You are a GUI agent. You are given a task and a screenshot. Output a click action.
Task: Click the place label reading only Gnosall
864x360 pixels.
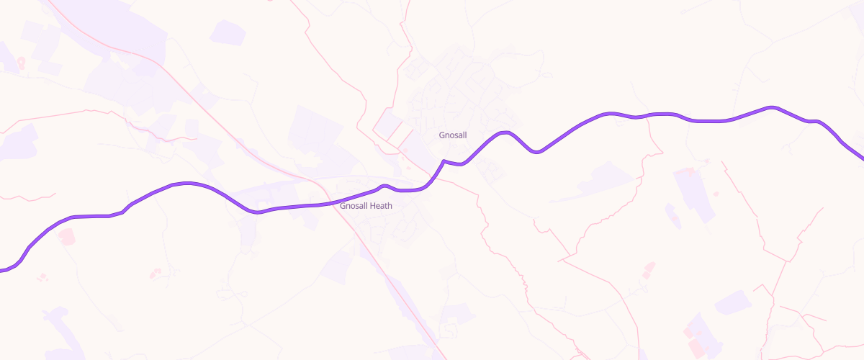tap(454, 135)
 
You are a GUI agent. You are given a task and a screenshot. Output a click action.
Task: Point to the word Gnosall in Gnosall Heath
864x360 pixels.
tap(354, 206)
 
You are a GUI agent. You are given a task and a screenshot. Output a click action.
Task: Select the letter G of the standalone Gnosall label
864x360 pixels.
tap(442, 135)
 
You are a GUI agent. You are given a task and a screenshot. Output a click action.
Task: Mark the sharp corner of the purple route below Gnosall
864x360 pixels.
tap(444, 161)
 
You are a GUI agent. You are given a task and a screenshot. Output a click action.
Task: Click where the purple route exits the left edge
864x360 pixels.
tap(1, 270)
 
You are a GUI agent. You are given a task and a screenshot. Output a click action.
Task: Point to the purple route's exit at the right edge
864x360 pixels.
tap(862, 160)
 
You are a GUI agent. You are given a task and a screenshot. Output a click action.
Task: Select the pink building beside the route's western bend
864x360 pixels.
tap(66, 235)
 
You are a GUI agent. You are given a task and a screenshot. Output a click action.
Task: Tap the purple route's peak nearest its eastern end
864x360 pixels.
tap(772, 108)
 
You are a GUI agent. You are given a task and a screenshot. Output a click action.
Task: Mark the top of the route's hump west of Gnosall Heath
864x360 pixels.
tap(187, 184)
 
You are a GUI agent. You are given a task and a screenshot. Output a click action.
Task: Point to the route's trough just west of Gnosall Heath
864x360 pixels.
tap(256, 212)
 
